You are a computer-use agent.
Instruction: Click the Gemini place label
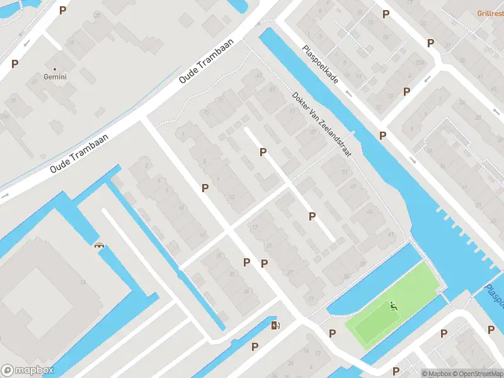(55, 77)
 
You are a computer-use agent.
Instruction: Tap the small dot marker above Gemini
(55, 69)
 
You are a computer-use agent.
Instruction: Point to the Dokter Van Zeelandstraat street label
(321, 124)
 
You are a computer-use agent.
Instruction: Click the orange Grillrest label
(490, 12)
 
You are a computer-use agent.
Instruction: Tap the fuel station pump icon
(275, 325)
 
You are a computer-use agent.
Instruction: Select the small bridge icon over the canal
(99, 245)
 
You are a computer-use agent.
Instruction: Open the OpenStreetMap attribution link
(476, 374)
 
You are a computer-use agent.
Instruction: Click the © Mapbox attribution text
(437, 374)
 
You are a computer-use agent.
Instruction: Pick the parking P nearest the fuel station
(255, 346)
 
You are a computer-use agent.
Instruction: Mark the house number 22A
(420, 62)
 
